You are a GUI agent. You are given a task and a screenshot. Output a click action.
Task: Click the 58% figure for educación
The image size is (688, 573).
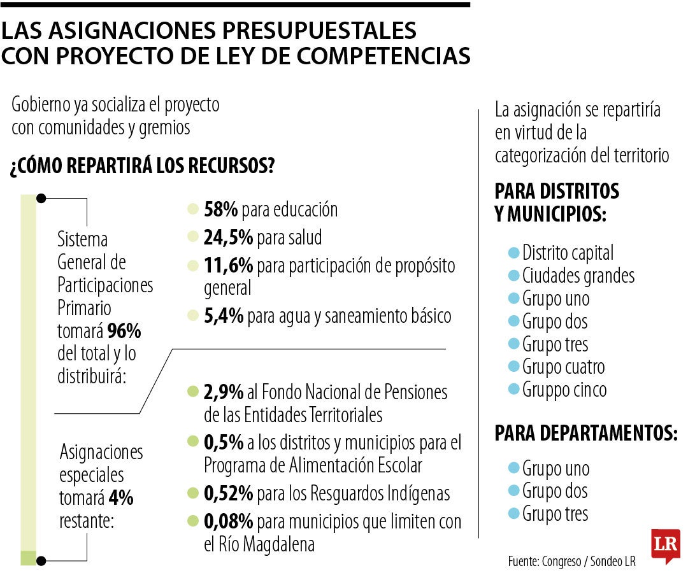(220, 209)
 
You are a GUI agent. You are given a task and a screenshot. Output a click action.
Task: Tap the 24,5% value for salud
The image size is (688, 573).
(228, 237)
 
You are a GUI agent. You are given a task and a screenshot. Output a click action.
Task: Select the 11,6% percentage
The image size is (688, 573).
(228, 265)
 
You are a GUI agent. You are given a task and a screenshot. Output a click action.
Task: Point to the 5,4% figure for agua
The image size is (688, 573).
(223, 316)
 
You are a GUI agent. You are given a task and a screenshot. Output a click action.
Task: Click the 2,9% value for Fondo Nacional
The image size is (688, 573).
(223, 392)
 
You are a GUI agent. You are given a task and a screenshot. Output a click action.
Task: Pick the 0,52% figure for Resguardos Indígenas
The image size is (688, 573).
(228, 493)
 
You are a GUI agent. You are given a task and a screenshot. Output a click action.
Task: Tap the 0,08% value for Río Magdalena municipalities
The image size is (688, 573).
(228, 522)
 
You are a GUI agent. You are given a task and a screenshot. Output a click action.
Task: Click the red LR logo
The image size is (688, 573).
(665, 545)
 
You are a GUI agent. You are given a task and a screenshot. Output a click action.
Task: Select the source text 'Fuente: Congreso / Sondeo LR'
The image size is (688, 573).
(571, 562)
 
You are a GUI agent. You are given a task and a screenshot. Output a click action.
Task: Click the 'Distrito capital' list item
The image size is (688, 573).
(568, 253)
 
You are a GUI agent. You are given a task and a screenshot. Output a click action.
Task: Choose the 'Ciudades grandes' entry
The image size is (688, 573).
(578, 276)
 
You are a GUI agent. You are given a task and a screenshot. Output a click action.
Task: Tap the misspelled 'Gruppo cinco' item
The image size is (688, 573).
(564, 389)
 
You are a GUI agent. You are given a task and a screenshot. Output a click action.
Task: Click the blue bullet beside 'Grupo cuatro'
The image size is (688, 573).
(513, 367)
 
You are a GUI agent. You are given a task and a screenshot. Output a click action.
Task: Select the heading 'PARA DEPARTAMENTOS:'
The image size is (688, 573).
(585, 434)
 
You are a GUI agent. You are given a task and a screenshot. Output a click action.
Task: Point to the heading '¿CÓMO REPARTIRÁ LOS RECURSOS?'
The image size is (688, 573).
(142, 167)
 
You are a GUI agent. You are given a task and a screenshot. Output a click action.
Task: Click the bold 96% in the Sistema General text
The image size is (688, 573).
(124, 331)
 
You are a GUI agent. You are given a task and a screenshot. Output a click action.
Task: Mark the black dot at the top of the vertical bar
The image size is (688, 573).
(41, 198)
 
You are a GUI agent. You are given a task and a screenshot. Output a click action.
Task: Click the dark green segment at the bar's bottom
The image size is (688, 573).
(28, 558)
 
